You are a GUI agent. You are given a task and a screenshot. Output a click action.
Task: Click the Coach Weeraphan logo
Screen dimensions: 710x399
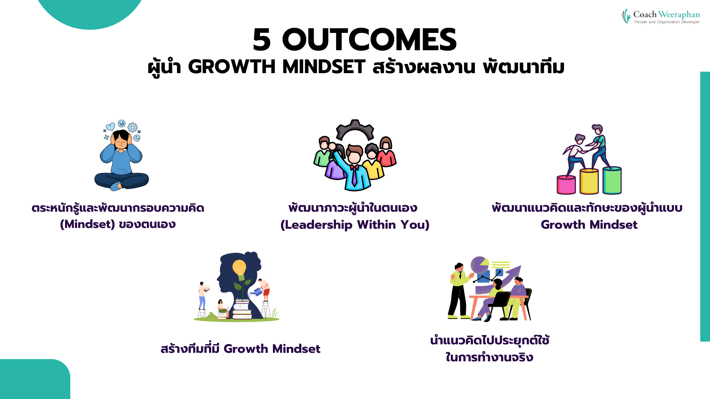pyautogui.click(x=660, y=17)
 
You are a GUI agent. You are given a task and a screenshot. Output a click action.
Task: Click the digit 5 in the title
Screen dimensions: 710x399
pyautogui.click(x=262, y=40)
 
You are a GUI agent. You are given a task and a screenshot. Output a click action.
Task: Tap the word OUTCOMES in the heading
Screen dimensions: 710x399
pyautogui.click(x=369, y=40)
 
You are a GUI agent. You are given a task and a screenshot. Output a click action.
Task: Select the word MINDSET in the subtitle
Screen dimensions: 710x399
pyautogui.click(x=324, y=67)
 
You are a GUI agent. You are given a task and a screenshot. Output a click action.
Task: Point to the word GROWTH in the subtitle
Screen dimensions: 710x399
pyautogui.click(x=232, y=67)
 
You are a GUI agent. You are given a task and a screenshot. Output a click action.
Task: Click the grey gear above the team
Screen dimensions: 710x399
pyautogui.click(x=355, y=129)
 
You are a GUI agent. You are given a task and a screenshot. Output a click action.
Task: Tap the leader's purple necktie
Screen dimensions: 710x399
pyautogui.click(x=354, y=175)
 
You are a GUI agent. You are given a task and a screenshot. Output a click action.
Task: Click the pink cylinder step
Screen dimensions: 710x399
pyautogui.click(x=566, y=185)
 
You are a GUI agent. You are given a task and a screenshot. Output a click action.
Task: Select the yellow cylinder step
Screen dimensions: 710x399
pyautogui.click(x=589, y=181)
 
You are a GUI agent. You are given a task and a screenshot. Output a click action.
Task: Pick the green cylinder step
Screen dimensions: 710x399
pyautogui.click(x=612, y=180)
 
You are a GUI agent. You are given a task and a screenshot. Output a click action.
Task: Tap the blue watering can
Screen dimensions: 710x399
pyautogui.click(x=257, y=292)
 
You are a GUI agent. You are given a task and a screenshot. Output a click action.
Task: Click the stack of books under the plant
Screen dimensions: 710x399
pyautogui.click(x=242, y=310)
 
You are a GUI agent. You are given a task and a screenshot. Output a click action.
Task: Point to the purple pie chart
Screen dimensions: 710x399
pyautogui.click(x=479, y=265)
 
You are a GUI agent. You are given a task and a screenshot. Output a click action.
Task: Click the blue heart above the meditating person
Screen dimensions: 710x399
pyautogui.click(x=110, y=127)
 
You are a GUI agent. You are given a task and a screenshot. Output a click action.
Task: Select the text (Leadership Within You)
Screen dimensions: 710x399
pyautogui.click(x=355, y=225)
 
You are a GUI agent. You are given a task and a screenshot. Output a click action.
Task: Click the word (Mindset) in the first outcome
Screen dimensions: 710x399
pyautogui.click(x=88, y=224)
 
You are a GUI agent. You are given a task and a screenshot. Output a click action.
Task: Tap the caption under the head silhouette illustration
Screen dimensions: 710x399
pyautogui.click(x=240, y=349)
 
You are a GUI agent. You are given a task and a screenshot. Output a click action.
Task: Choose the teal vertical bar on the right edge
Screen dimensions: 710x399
pyautogui.click(x=705, y=207)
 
